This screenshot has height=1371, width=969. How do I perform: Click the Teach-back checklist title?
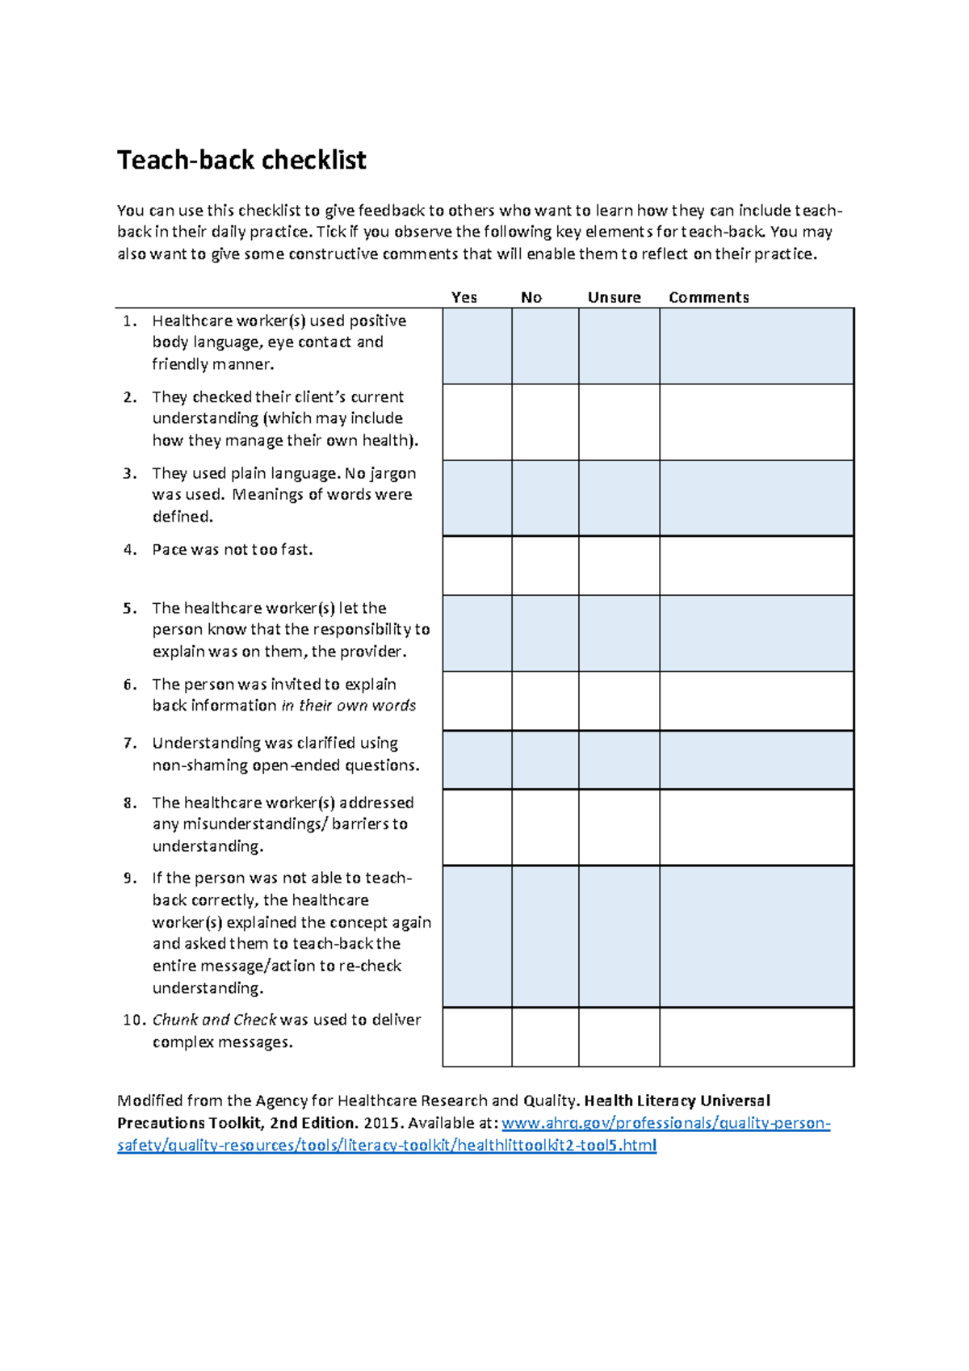coord(241,160)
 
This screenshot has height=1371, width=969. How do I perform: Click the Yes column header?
coord(464,297)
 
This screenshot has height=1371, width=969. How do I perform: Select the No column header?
coord(531,297)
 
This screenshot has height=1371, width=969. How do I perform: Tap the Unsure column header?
coord(615,297)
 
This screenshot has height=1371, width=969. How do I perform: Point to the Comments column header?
coord(709,297)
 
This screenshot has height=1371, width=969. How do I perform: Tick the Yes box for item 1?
coord(477,346)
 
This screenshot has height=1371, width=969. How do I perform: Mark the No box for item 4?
coord(545,565)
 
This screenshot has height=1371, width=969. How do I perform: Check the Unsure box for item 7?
coord(619,760)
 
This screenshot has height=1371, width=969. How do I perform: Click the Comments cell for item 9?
coord(757,936)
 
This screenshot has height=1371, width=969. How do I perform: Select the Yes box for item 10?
coord(477,1037)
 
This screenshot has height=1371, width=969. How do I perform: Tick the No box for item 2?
coord(545,421)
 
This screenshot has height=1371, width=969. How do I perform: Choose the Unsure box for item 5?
coord(619,633)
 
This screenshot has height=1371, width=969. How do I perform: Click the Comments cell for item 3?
coord(757,497)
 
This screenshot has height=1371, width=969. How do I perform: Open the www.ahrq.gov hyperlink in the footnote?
coord(665,1123)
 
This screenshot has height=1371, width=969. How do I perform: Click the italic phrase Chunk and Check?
coord(215,1020)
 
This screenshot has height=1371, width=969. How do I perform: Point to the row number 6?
coord(130,685)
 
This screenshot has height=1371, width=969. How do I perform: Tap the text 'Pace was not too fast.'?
coord(233,550)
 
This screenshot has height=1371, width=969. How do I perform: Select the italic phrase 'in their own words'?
coord(349,706)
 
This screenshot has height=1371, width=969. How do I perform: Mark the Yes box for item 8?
coord(477,827)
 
